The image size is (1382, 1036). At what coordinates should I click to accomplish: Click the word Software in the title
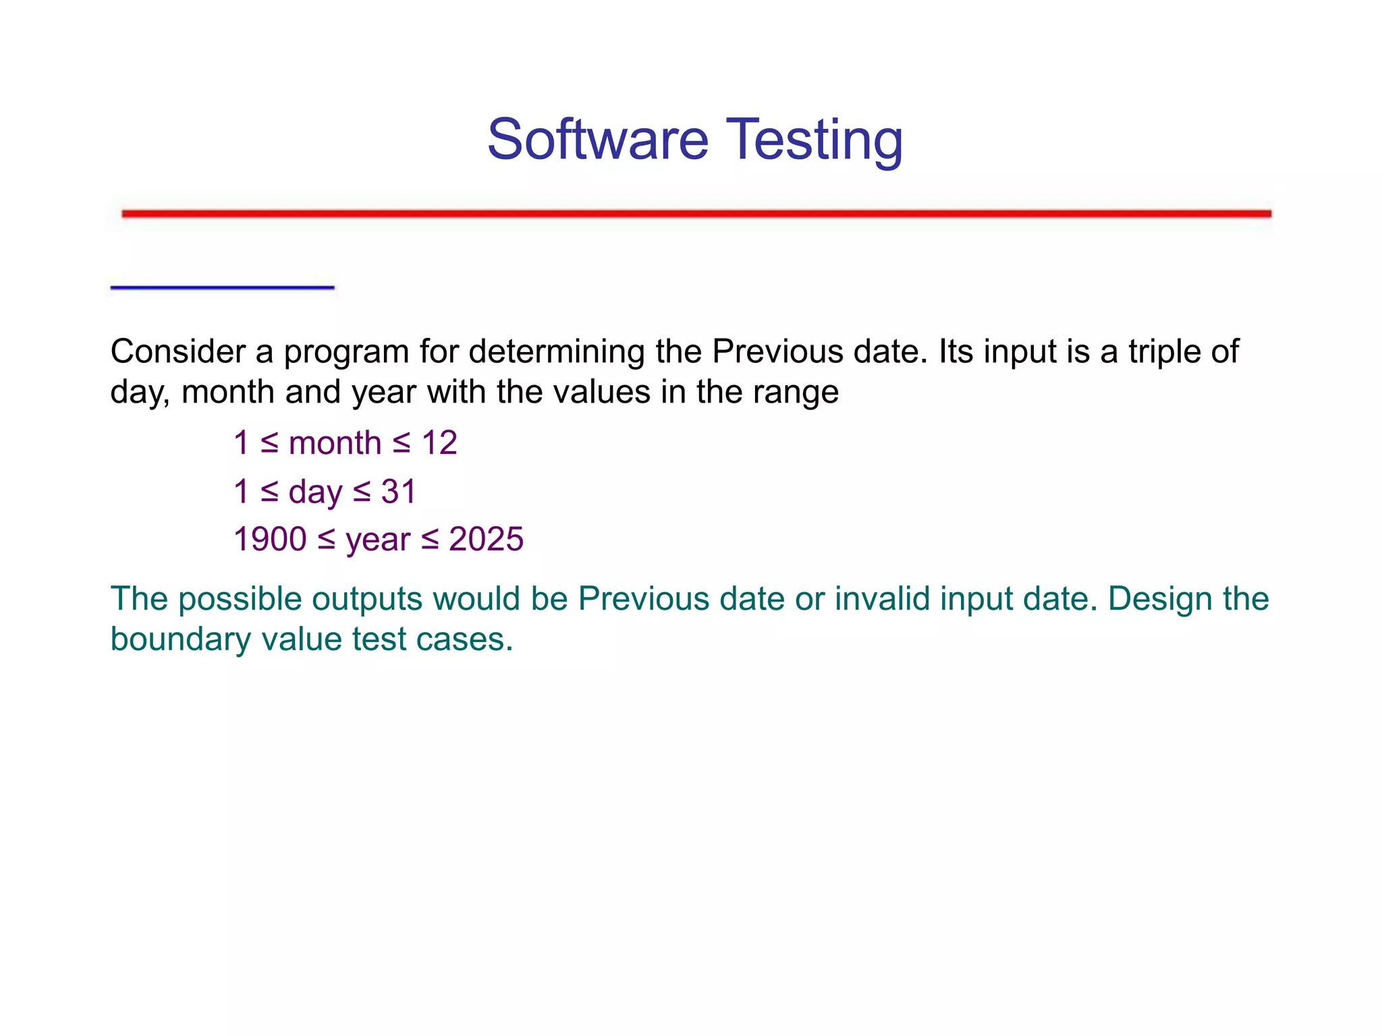point(598,140)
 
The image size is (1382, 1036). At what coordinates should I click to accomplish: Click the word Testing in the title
point(814,140)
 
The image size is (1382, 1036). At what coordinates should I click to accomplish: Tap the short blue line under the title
point(222,288)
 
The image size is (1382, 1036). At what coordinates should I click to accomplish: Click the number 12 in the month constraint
point(439,444)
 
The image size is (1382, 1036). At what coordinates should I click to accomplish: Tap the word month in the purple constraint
point(335,444)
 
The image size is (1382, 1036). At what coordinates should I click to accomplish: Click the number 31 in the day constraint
point(399,492)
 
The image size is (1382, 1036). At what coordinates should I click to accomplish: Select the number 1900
point(270,540)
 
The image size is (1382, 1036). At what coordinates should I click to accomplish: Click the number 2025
point(486,540)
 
